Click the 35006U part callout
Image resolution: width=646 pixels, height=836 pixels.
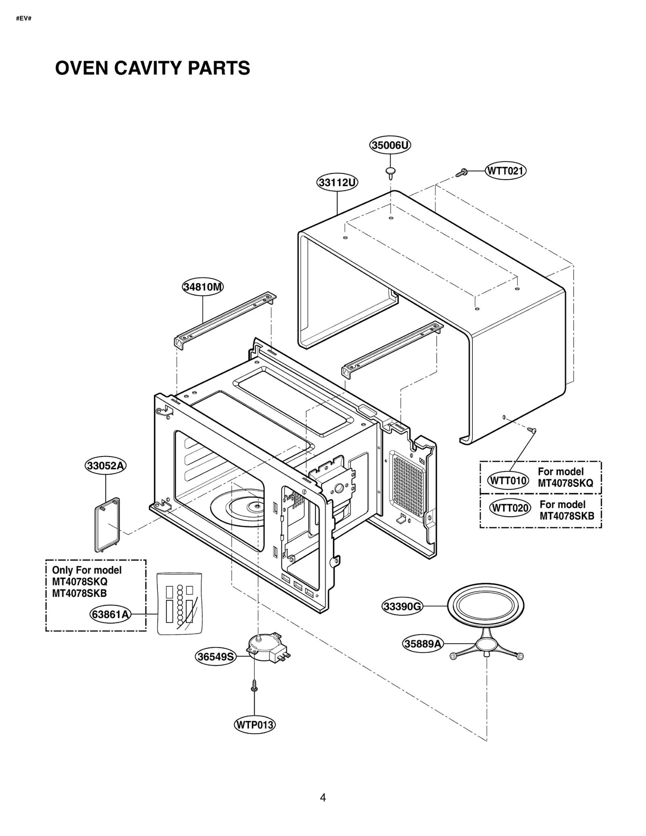390,145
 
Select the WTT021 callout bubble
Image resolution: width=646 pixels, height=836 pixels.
505,171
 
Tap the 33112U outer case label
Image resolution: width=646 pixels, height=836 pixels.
337,183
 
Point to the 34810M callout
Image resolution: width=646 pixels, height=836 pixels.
202,287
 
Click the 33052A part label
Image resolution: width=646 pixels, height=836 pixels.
106,465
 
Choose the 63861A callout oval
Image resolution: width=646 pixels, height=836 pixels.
110,614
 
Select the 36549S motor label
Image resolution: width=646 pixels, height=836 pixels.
216,657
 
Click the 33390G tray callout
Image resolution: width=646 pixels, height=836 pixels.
402,606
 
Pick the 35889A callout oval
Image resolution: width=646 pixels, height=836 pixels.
423,644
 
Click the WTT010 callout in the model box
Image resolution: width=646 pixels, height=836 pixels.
508,481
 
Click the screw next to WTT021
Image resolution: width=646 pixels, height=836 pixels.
461,173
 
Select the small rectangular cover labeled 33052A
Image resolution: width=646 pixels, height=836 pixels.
107,524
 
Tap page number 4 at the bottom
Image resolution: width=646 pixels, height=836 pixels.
323,797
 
